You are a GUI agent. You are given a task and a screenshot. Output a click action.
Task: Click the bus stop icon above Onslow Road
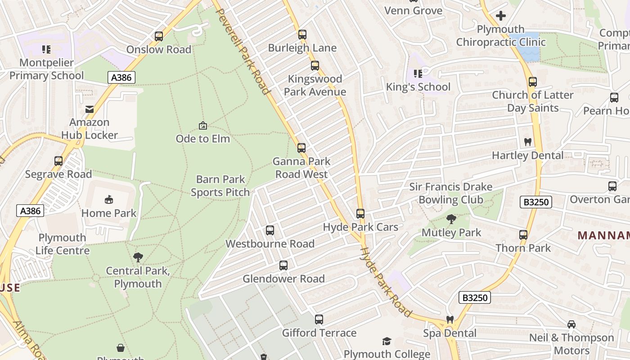coord(159,36)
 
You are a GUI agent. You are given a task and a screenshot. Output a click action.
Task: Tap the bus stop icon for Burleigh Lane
coord(302,35)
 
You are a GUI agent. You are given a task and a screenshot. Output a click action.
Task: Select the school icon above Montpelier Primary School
coord(46,49)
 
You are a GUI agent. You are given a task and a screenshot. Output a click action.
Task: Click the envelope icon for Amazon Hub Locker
coord(90,109)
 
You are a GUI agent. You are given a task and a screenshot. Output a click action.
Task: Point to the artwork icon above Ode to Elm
coord(203,126)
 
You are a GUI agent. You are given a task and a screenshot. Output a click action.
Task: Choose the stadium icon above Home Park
coord(109,200)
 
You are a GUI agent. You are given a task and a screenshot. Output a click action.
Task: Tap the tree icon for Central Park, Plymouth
coord(138,257)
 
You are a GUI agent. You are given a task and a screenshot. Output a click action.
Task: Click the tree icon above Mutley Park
coord(451,220)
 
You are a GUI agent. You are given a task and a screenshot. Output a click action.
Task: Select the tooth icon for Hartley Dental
coord(528,142)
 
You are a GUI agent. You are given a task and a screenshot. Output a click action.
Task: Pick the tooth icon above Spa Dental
coord(450,320)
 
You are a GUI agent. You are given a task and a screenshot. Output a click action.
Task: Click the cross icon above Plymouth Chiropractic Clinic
coord(500,16)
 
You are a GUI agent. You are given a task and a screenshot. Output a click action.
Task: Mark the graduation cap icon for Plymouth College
coord(387,342)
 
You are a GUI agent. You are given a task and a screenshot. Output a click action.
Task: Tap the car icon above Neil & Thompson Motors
coord(571,324)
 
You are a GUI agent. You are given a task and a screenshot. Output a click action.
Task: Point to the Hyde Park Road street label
coord(386,281)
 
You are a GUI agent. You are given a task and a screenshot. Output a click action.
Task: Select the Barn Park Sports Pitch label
coord(220,186)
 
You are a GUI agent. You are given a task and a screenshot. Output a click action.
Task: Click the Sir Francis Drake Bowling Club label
coord(450,193)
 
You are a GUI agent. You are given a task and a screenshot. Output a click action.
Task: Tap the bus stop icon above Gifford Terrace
coord(319,320)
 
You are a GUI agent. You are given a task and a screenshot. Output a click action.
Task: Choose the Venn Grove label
coord(414,10)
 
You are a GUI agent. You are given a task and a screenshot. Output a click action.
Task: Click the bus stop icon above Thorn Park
coord(523,235)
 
